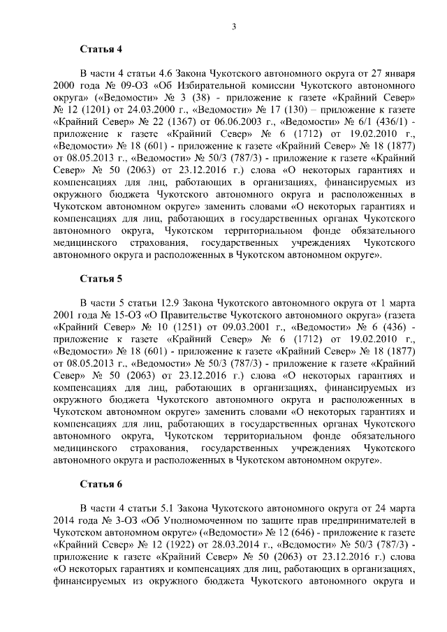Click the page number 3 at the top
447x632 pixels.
(234, 27)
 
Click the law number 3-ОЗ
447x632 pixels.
(115, 520)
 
